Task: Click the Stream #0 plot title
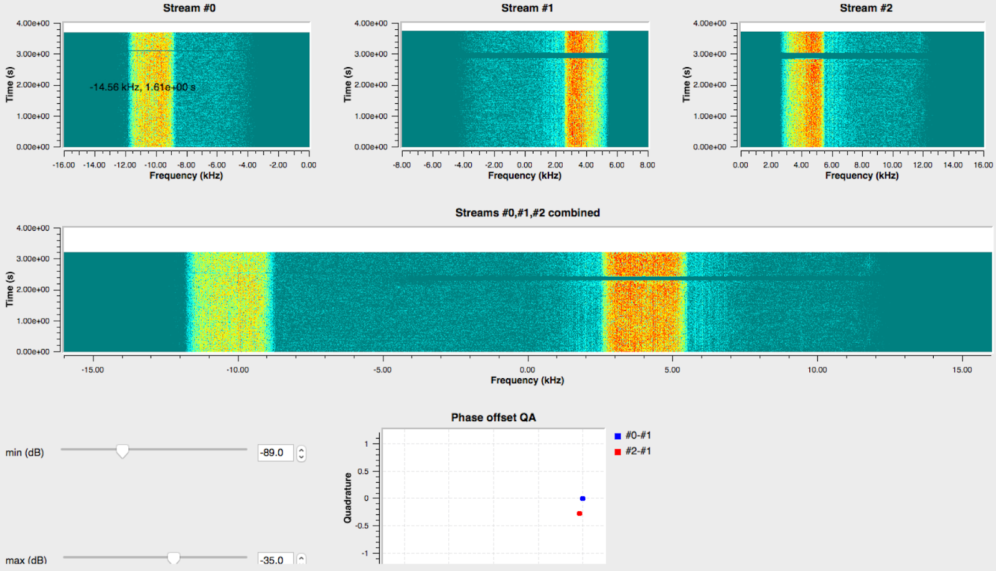pos(189,8)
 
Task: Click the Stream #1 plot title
pos(527,8)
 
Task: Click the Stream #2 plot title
pos(866,8)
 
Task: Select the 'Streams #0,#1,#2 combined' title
pos(527,213)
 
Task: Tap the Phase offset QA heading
pos(493,417)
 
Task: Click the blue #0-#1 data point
pos(583,498)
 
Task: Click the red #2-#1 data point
pos(580,513)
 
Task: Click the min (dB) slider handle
pos(123,451)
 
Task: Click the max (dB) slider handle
pos(174,558)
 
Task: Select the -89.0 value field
pos(275,453)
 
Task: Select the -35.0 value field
pos(275,560)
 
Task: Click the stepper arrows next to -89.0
pos(301,453)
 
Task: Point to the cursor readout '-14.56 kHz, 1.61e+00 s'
pos(143,87)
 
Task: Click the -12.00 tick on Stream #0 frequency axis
pos(125,165)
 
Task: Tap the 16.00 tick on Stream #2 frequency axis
pos(983,165)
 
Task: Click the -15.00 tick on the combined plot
pos(93,369)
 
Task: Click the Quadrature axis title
pos(348,498)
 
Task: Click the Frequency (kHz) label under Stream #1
pos(524,175)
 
